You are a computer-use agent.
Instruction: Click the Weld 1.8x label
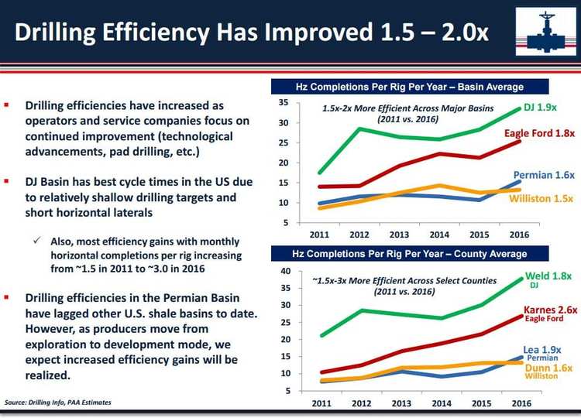coord(548,276)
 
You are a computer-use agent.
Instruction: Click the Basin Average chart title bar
coord(409,87)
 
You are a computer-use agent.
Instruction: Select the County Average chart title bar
coord(409,254)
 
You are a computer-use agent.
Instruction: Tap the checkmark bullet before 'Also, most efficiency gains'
coord(37,241)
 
